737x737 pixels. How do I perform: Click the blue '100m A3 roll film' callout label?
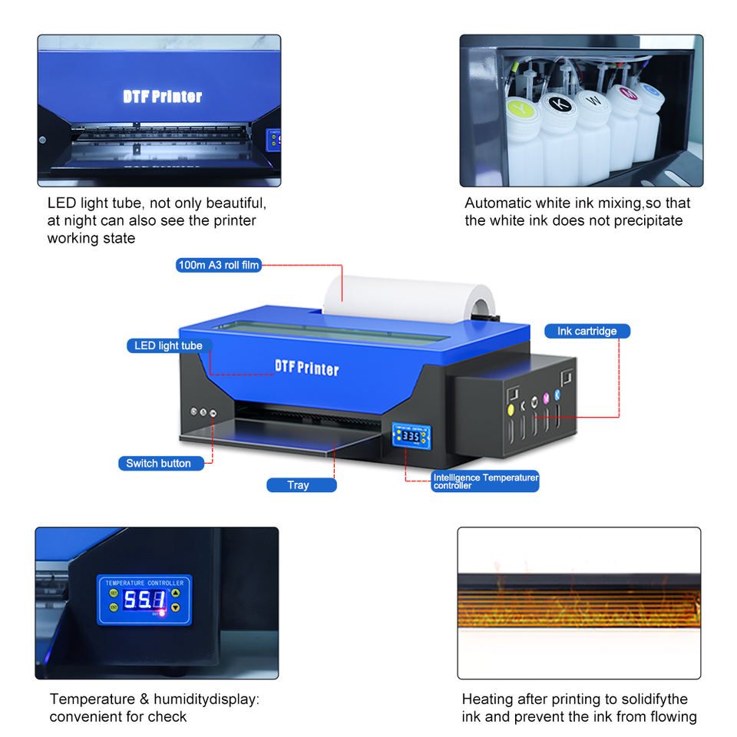[219, 266]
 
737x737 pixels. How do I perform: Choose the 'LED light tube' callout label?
[168, 345]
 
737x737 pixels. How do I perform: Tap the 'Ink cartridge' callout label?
[587, 331]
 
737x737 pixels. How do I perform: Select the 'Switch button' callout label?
[158, 463]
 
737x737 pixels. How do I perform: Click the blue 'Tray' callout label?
[299, 485]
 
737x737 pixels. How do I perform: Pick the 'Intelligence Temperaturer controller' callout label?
[484, 481]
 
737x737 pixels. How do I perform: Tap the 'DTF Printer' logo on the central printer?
[307, 368]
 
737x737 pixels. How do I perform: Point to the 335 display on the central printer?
[411, 435]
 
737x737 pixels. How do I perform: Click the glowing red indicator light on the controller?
[162, 613]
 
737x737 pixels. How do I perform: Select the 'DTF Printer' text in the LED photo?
[163, 97]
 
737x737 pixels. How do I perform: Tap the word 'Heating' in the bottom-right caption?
[487, 699]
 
